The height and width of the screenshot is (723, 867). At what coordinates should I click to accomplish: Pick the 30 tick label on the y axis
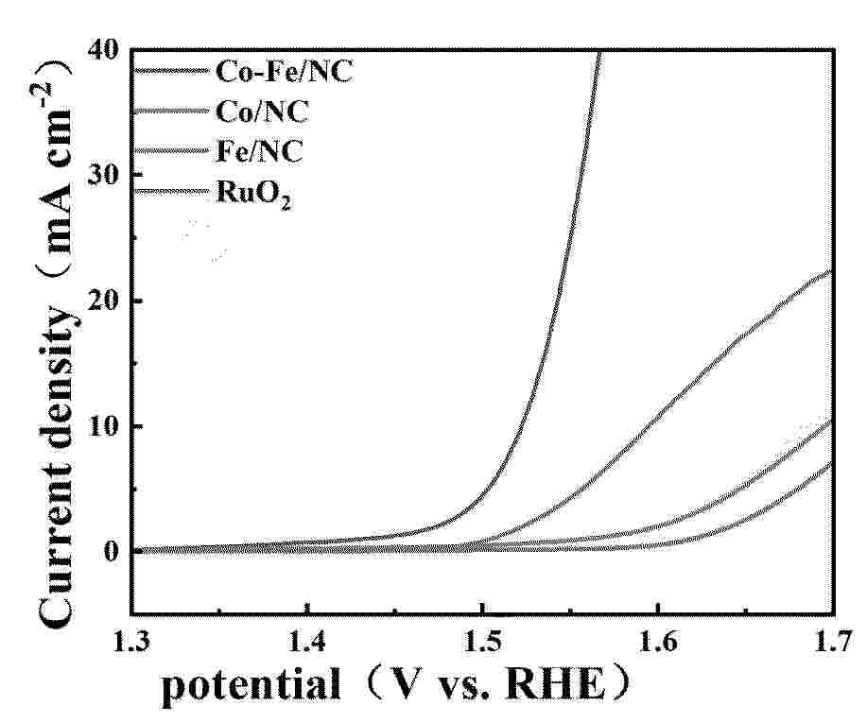pyautogui.click(x=106, y=175)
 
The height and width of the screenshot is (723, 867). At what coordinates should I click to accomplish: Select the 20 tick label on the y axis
pyautogui.click(x=106, y=301)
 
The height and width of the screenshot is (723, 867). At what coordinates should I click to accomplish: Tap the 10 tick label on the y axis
pyautogui.click(x=106, y=426)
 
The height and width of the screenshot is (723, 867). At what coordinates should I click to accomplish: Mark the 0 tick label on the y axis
pyautogui.click(x=114, y=552)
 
